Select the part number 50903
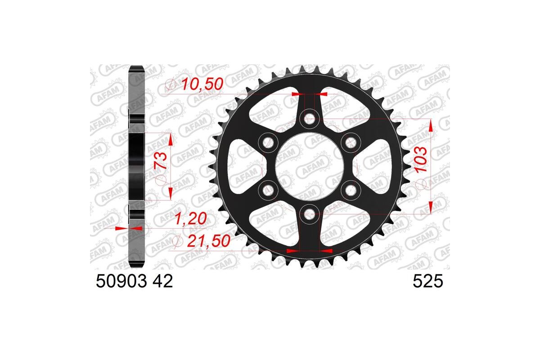(121, 282)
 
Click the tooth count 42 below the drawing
(162, 282)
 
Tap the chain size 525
(428, 282)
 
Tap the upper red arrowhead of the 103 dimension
(431, 126)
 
